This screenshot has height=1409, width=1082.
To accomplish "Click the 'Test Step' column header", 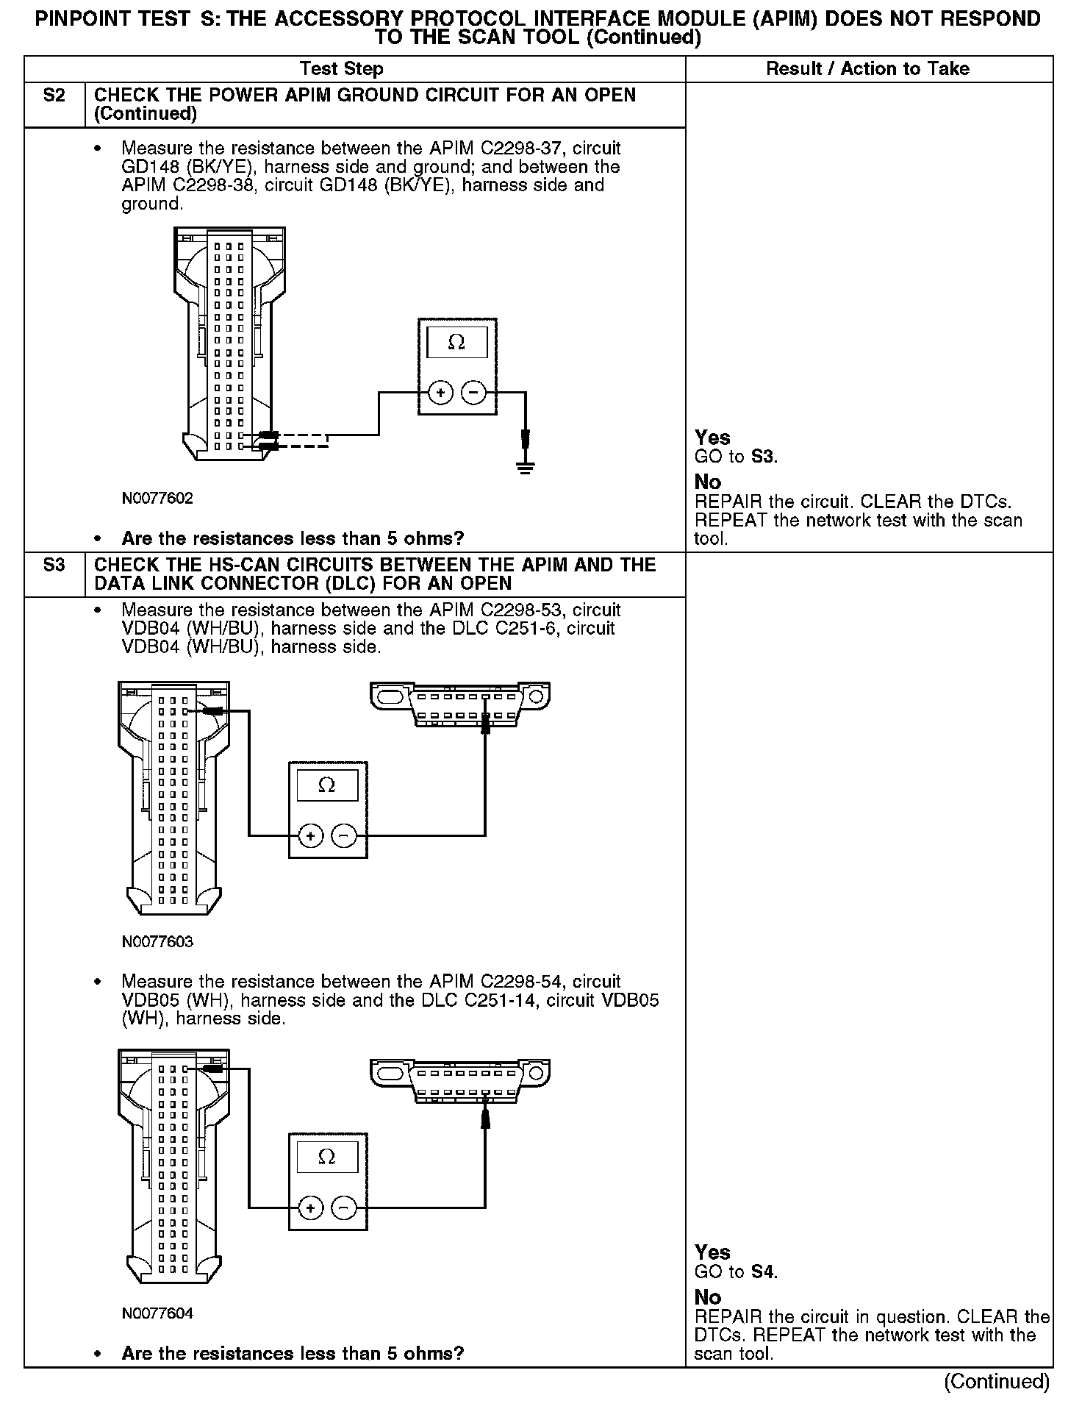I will click(x=341, y=69).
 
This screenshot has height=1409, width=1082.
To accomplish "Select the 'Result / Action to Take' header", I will click(x=867, y=69).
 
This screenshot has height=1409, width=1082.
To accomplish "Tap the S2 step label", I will click(x=54, y=96).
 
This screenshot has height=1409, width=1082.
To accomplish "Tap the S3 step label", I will click(x=54, y=566).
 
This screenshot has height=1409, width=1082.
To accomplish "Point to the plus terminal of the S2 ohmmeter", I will click(x=440, y=393).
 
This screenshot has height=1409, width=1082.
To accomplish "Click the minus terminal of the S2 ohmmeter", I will click(x=473, y=393).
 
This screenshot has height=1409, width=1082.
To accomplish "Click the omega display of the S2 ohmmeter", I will click(x=456, y=343).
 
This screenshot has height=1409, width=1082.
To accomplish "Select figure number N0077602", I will click(x=157, y=499).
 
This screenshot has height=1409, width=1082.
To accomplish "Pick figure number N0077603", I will click(x=157, y=942).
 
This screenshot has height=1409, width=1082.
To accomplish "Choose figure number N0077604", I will click(x=157, y=1313).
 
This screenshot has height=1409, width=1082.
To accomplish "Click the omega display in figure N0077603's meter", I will click(x=327, y=786).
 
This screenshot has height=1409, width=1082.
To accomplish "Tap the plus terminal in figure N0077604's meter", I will click(x=311, y=1208).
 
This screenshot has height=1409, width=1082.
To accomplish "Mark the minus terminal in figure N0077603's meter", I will click(x=344, y=836).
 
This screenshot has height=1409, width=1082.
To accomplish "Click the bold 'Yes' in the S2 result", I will click(x=712, y=438).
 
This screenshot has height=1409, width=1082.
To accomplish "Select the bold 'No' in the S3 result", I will click(x=708, y=1297).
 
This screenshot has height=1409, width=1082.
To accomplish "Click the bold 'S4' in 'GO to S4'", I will click(x=764, y=1271).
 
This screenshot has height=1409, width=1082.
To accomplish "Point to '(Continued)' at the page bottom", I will click(x=996, y=1381).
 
